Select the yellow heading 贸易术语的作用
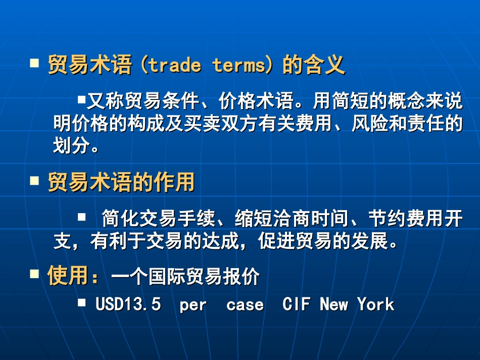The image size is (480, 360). [121, 182]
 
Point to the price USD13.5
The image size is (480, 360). [128, 304]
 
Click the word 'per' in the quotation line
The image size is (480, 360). [193, 305]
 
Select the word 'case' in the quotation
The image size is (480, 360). [245, 305]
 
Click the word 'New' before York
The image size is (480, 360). [334, 304]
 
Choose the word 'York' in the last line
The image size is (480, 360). [375, 304]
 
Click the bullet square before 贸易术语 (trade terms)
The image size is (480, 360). [35, 64]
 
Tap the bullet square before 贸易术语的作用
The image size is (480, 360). [35, 180]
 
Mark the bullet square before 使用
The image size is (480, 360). [35, 274]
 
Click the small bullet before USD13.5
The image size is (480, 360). [82, 302]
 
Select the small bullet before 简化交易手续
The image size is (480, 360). [82, 217]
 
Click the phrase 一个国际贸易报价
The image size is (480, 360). [185, 277]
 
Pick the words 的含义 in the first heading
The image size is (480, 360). [313, 66]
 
